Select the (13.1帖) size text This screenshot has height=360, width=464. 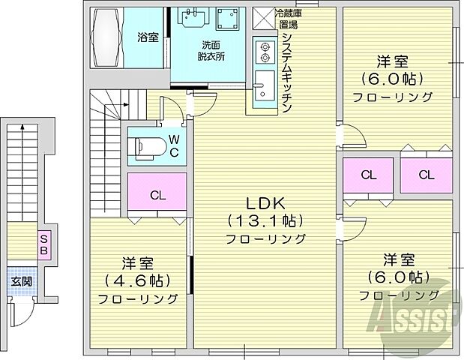click(266, 220)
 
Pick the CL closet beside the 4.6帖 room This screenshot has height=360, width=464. click(157, 195)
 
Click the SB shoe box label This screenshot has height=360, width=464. click(43, 243)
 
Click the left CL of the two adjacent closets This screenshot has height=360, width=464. click(367, 175)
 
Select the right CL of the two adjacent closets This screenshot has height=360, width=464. click(425, 175)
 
